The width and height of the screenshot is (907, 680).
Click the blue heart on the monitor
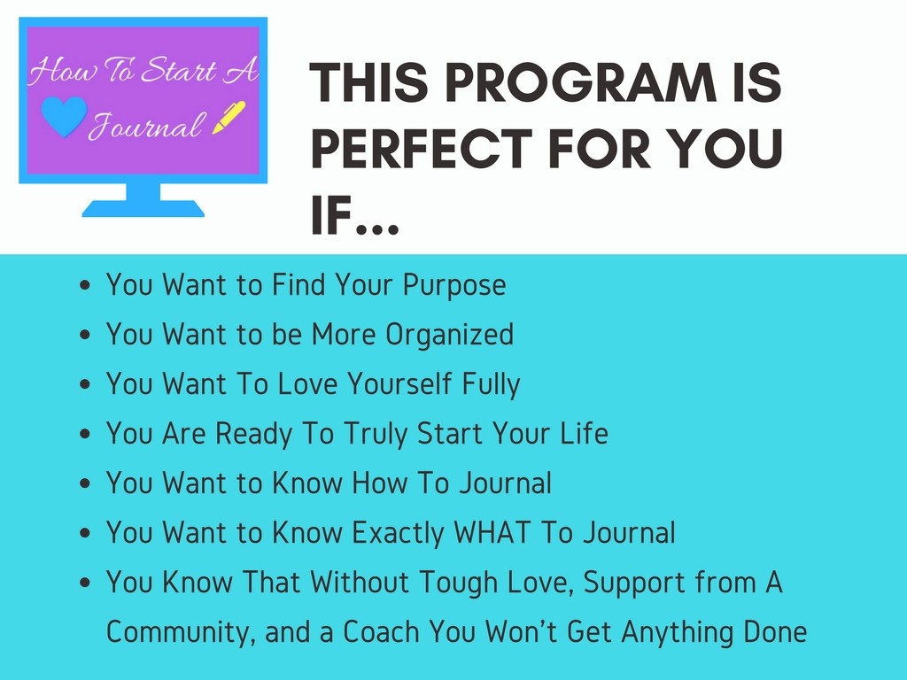[64, 116]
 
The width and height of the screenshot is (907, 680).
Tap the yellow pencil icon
[229, 118]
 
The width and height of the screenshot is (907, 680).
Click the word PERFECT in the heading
[422, 149]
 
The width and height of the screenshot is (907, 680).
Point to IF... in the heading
[354, 215]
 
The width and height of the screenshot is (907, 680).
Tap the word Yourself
[399, 384]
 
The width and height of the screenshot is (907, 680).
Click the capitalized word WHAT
[491, 532]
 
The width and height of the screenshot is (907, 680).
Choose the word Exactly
[398, 533]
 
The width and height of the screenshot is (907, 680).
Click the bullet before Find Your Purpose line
[85, 285]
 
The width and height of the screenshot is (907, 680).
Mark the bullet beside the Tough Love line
[85, 583]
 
